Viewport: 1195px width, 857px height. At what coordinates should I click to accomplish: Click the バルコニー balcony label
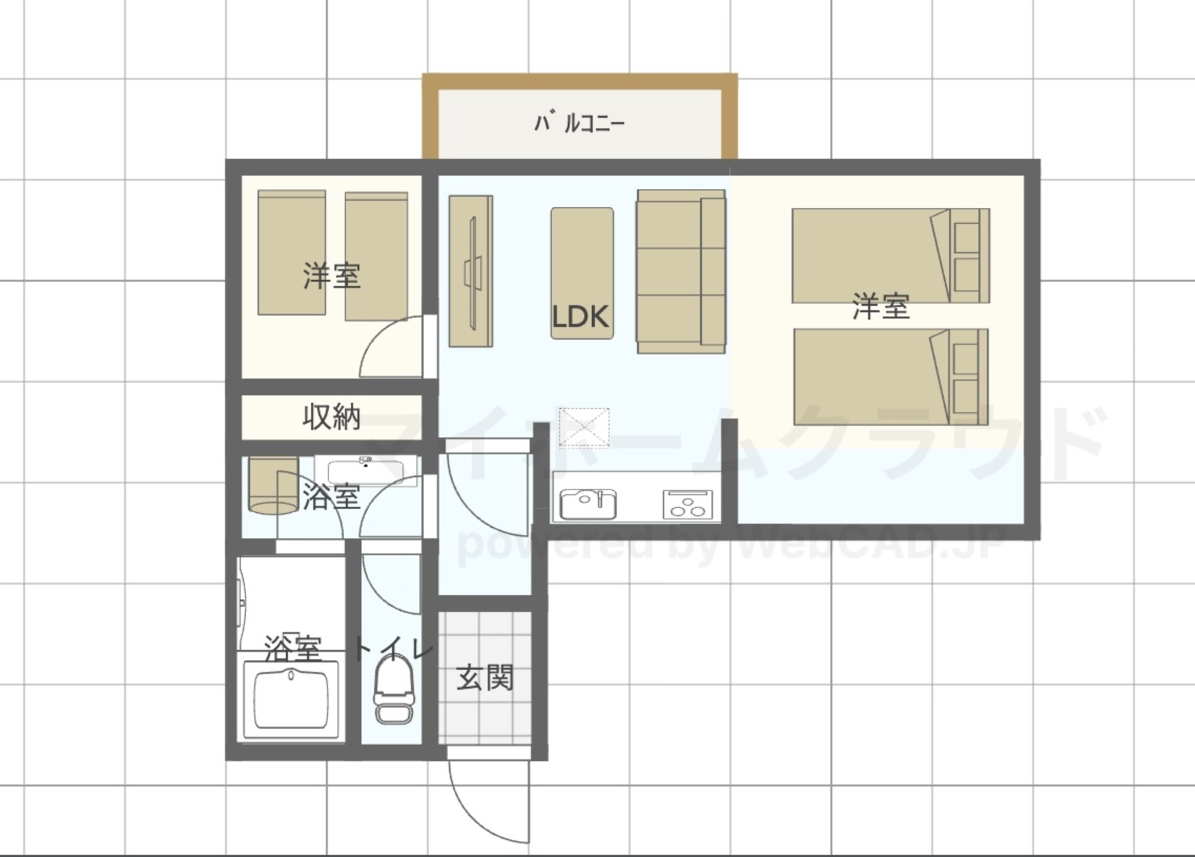click(x=579, y=123)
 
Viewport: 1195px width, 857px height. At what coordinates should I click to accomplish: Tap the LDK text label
click(x=580, y=317)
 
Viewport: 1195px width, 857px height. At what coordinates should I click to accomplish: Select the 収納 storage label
click(x=332, y=417)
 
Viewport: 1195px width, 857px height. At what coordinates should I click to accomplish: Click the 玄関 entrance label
click(x=485, y=678)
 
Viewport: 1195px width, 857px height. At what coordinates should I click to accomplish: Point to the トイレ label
click(x=393, y=650)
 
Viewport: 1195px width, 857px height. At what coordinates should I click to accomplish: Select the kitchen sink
click(x=588, y=504)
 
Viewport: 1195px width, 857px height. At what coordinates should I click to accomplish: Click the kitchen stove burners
click(x=688, y=504)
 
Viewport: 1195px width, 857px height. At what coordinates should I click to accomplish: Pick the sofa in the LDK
click(x=681, y=272)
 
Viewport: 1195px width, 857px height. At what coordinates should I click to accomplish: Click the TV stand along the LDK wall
click(x=471, y=271)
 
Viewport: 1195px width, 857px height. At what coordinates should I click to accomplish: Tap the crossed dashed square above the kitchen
click(x=584, y=427)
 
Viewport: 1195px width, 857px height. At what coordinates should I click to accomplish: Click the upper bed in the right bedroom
click(x=890, y=255)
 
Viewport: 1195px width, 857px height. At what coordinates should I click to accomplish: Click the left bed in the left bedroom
click(x=292, y=253)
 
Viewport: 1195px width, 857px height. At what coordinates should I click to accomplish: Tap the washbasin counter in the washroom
click(x=366, y=470)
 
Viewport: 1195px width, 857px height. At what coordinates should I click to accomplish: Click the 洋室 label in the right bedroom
click(x=881, y=307)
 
